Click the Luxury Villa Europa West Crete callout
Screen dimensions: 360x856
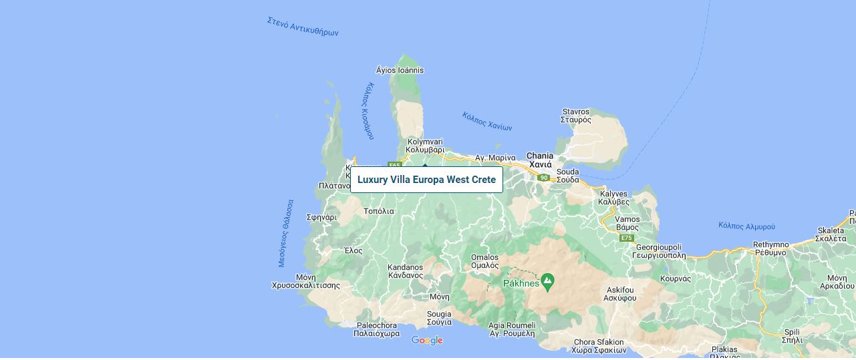tap(426, 180)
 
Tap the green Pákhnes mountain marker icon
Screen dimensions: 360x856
tap(547, 281)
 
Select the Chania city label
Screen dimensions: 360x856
tap(540, 160)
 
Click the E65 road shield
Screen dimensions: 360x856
tap(394, 166)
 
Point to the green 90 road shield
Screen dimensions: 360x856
tap(544, 178)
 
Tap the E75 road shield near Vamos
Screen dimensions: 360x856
tap(626, 238)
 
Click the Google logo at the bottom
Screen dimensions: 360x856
tap(427, 341)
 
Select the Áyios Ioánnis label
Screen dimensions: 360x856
tap(400, 70)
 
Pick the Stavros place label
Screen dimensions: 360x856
tap(576, 116)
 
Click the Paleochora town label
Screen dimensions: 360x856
tap(376, 329)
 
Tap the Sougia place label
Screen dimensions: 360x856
tap(439, 318)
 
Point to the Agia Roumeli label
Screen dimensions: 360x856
tap(512, 329)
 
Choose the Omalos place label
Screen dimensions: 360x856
tap(484, 261)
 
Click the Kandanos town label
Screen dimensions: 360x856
tap(405, 271)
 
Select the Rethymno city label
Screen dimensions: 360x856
tap(770, 248)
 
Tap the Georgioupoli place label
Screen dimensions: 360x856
tap(658, 251)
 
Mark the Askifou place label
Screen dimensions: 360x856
tap(620, 294)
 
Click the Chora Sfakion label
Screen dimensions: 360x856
tap(599, 346)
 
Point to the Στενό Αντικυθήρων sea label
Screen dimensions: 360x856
tap(303, 27)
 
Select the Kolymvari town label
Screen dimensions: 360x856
tap(425, 146)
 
